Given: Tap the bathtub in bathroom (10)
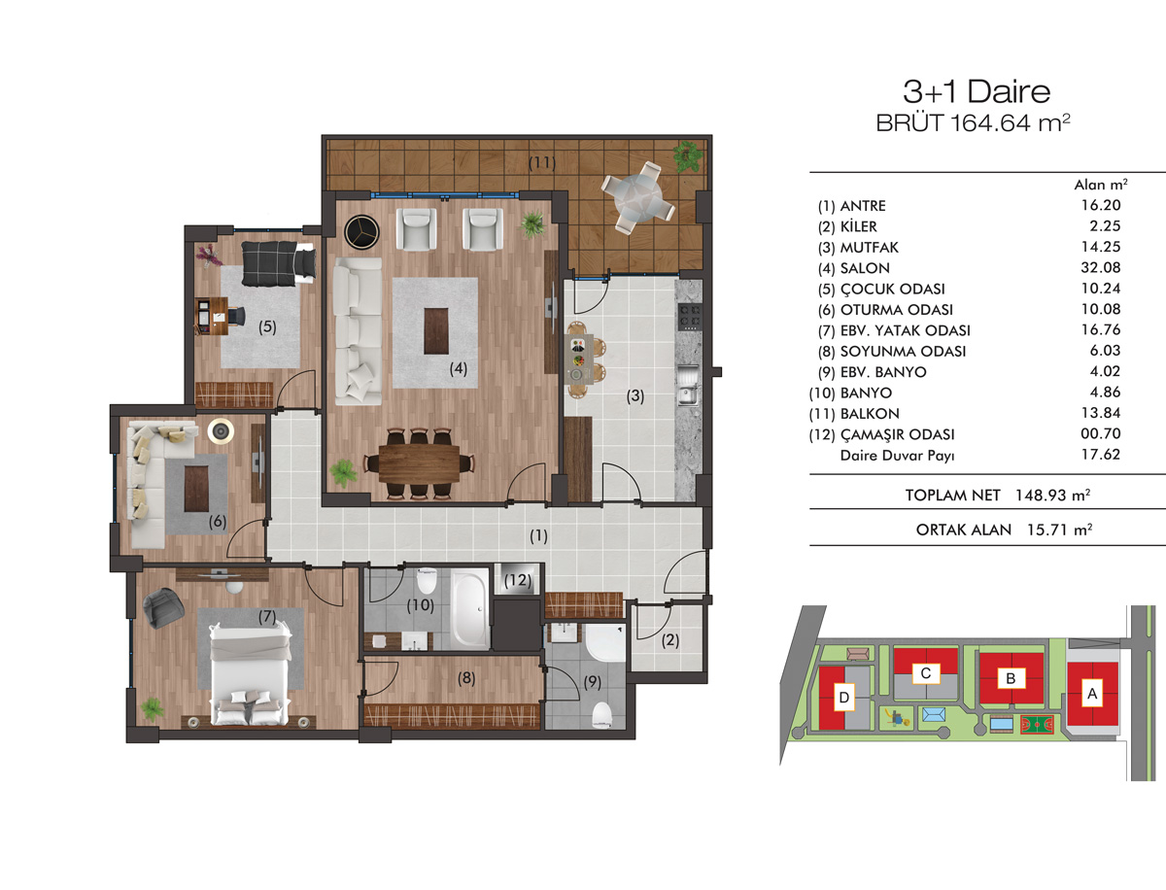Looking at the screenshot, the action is [x=470, y=607].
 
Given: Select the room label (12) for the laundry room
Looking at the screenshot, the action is [x=518, y=580].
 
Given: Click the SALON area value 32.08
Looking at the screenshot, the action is [x=1101, y=267].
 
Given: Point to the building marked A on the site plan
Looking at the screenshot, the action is [x=1093, y=694].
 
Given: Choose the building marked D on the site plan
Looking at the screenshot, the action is [x=843, y=698].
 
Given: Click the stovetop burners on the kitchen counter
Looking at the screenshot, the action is [x=690, y=318].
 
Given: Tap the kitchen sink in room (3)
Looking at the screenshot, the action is [x=689, y=386].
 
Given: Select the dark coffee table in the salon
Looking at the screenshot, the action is [x=436, y=330].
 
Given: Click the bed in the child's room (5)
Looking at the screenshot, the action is [x=278, y=263].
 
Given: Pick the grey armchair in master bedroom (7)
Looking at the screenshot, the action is [x=163, y=607].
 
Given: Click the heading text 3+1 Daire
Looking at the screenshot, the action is [x=977, y=91].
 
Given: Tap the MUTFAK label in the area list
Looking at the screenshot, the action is [x=869, y=248].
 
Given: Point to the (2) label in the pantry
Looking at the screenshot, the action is [x=669, y=640].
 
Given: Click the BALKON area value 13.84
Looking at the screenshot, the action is [x=1101, y=413].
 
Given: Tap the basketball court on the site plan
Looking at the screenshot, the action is [x=1037, y=725].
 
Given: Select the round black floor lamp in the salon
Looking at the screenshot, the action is [x=361, y=231].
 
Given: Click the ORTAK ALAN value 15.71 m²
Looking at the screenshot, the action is [x=1059, y=530].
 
